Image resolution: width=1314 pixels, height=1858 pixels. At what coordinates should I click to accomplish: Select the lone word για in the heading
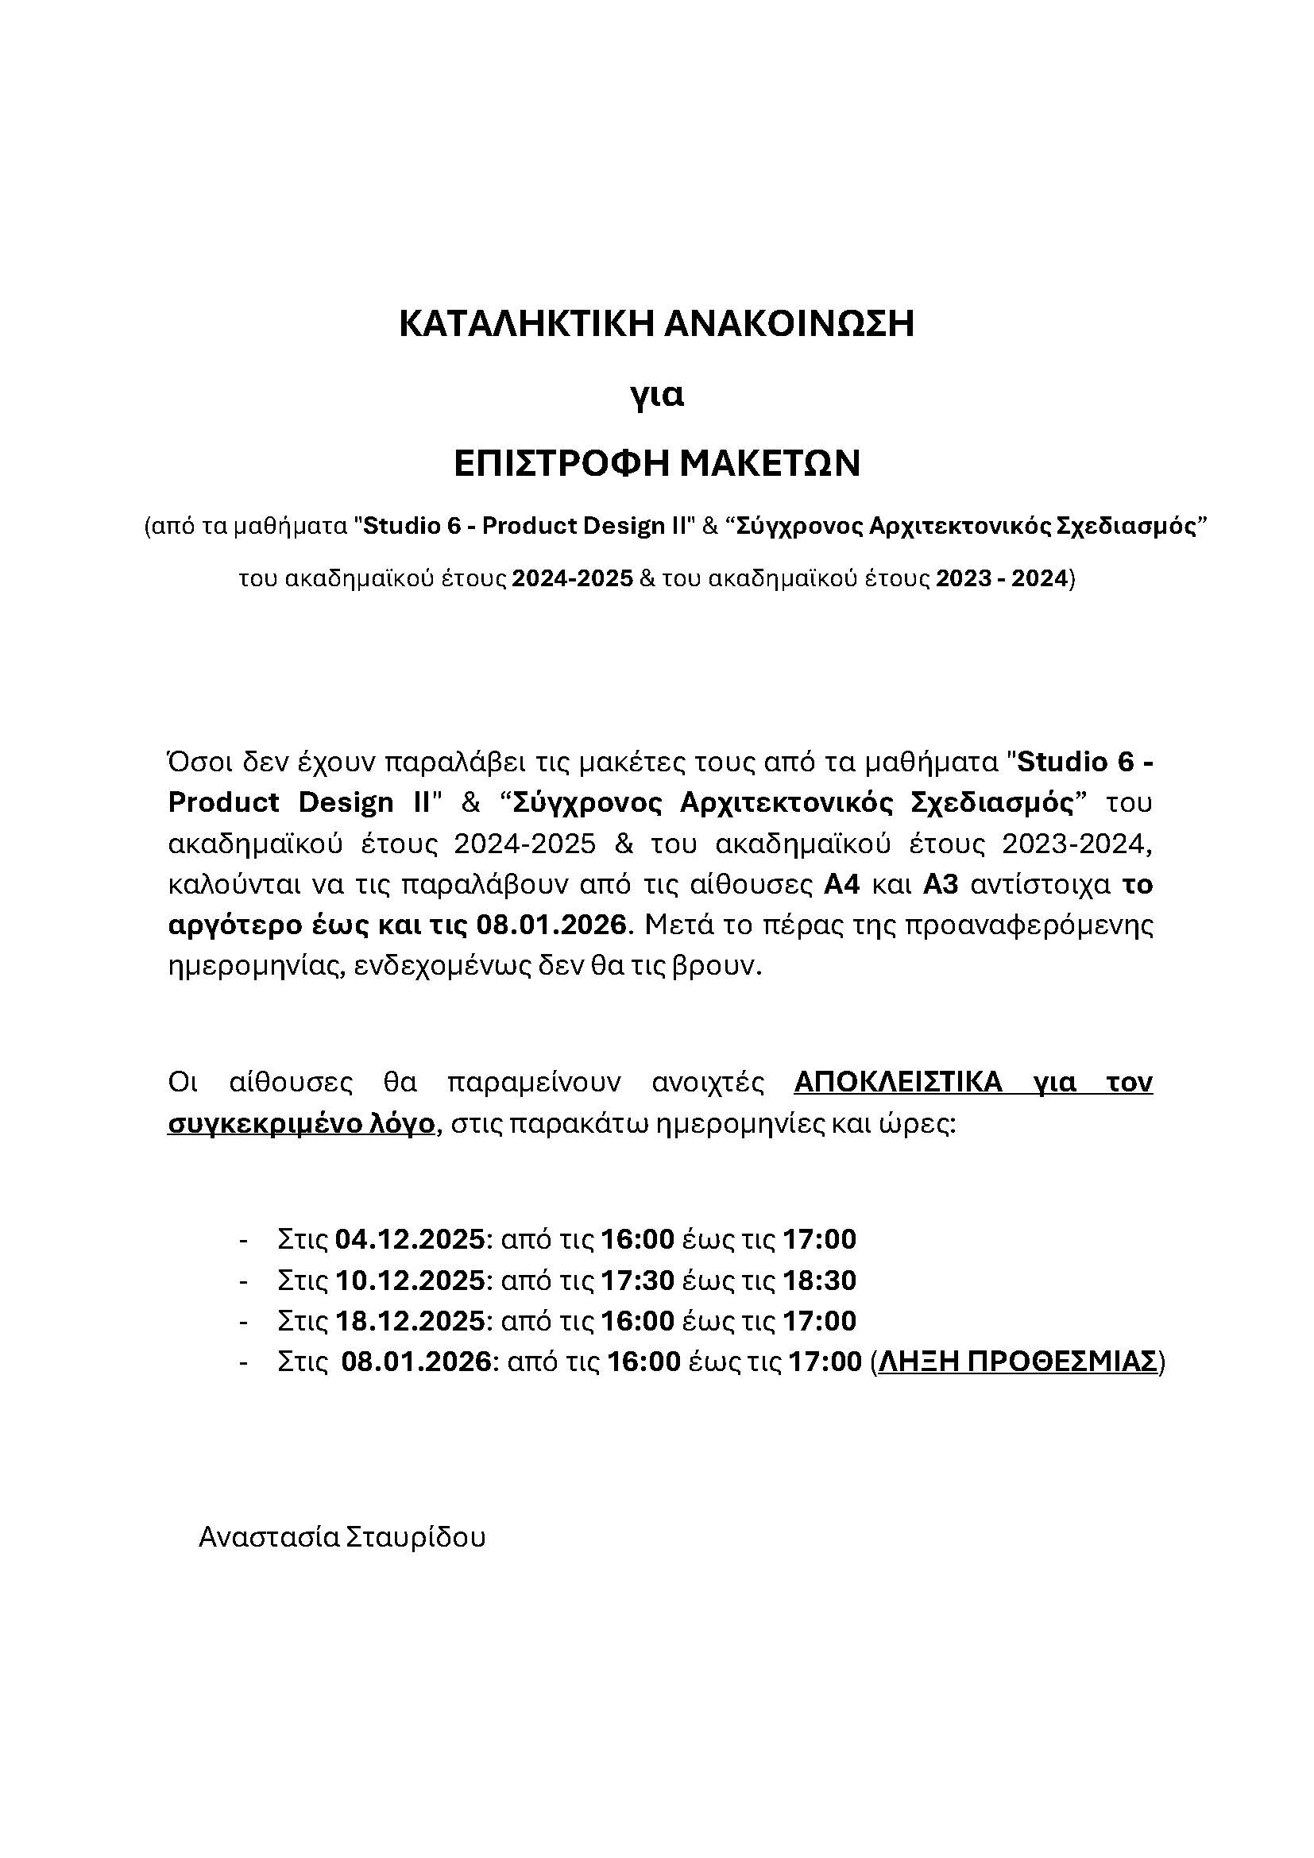pos(657,396)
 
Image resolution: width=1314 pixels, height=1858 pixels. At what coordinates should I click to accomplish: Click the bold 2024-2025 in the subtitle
pos(572,579)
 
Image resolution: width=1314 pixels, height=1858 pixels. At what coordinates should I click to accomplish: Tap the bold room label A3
pos(941,884)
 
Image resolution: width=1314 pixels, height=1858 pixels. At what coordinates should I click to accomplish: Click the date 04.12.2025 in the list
pos(409,1239)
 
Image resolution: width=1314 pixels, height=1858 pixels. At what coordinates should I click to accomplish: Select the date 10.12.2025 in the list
pos(409,1281)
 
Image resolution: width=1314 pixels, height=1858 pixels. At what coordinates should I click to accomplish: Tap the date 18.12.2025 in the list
pos(409,1321)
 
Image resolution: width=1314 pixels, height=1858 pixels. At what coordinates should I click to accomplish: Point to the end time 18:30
pos(819,1281)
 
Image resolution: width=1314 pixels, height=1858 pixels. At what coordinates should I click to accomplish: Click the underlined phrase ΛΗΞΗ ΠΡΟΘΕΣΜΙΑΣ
pos(1018,1362)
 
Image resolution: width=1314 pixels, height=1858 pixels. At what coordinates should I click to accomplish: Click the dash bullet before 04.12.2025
pos(243,1240)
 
